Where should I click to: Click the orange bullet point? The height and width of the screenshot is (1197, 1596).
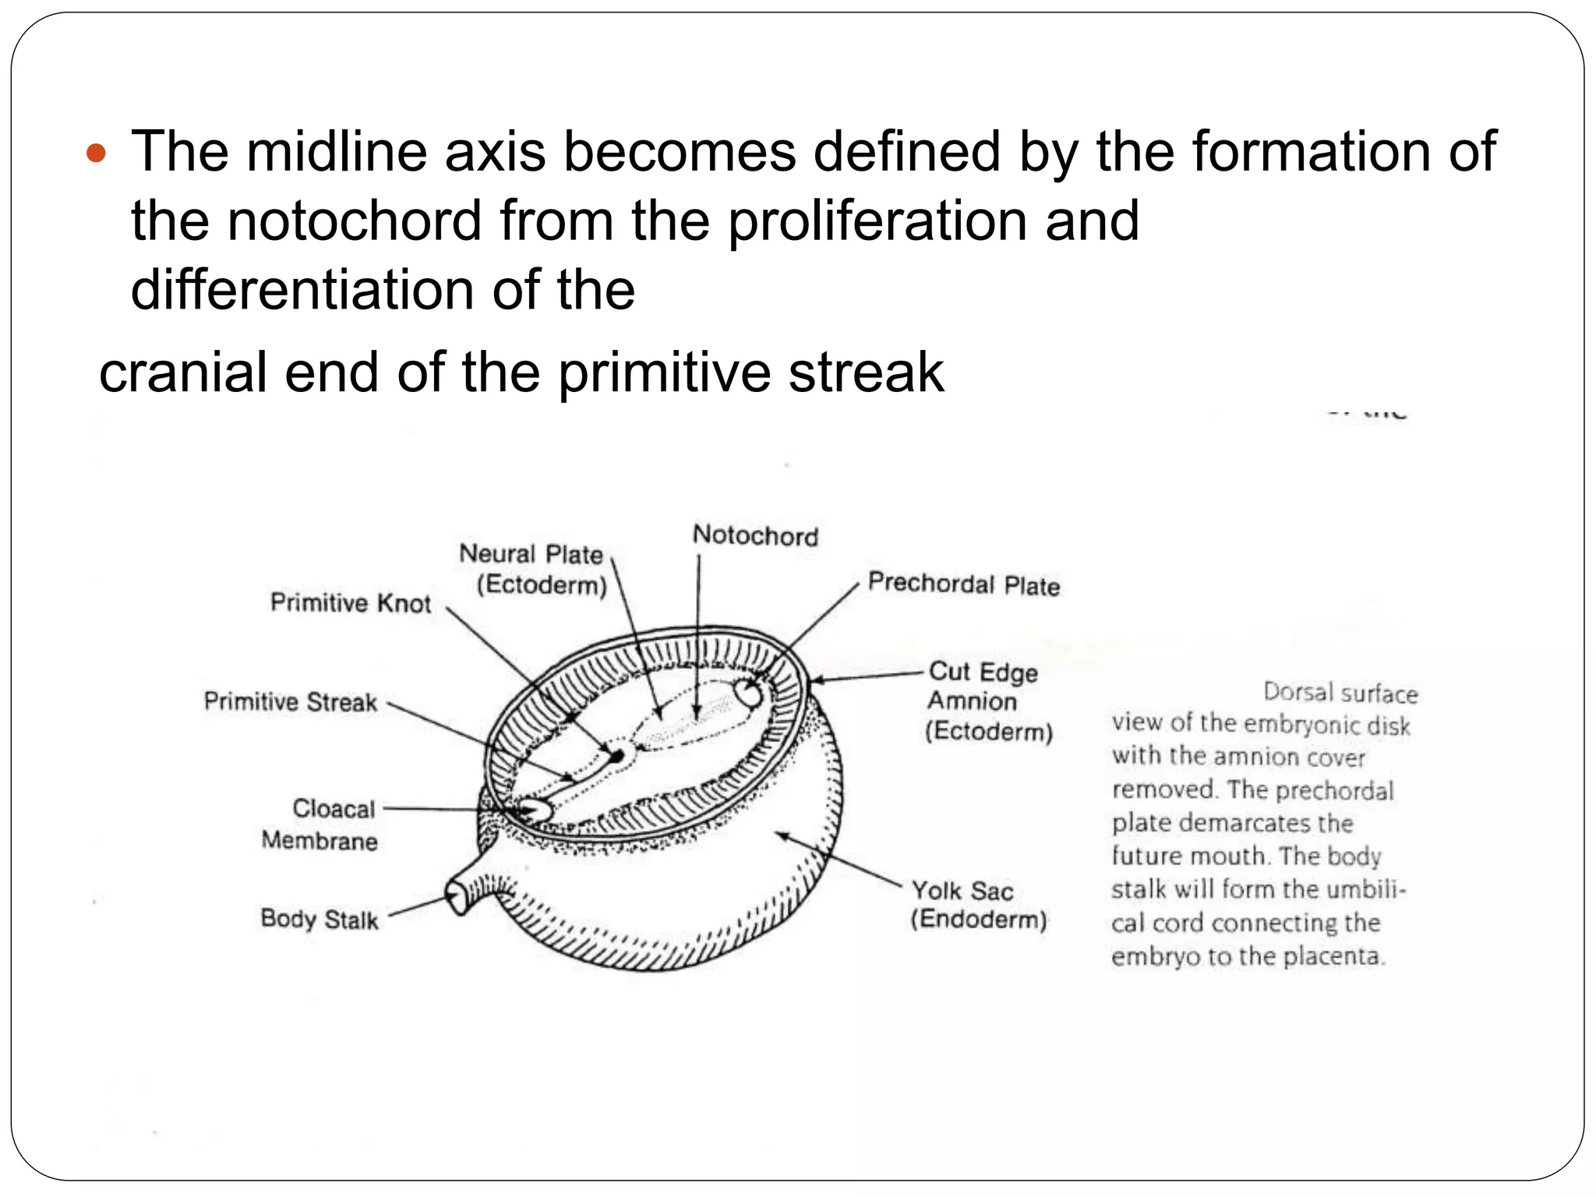(96, 154)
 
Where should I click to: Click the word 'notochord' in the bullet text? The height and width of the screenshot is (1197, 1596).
(355, 221)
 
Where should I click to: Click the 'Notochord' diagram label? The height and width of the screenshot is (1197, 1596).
(755, 536)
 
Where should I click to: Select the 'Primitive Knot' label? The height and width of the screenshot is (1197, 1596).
(350, 602)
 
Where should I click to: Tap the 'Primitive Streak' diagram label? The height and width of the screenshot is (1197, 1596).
(290, 701)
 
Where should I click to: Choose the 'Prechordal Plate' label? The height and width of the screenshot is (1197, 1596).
(964, 584)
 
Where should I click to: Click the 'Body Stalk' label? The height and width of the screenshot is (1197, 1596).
(319, 919)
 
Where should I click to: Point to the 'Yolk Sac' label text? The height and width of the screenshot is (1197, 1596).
(962, 890)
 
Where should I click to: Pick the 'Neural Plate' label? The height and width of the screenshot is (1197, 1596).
(531, 554)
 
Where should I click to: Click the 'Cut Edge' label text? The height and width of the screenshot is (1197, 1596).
(983, 672)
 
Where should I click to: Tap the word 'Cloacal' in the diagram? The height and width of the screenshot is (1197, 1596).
(334, 808)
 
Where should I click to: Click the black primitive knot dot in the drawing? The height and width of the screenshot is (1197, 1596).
(617, 755)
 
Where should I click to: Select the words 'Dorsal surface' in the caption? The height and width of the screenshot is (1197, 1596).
(1340, 692)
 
